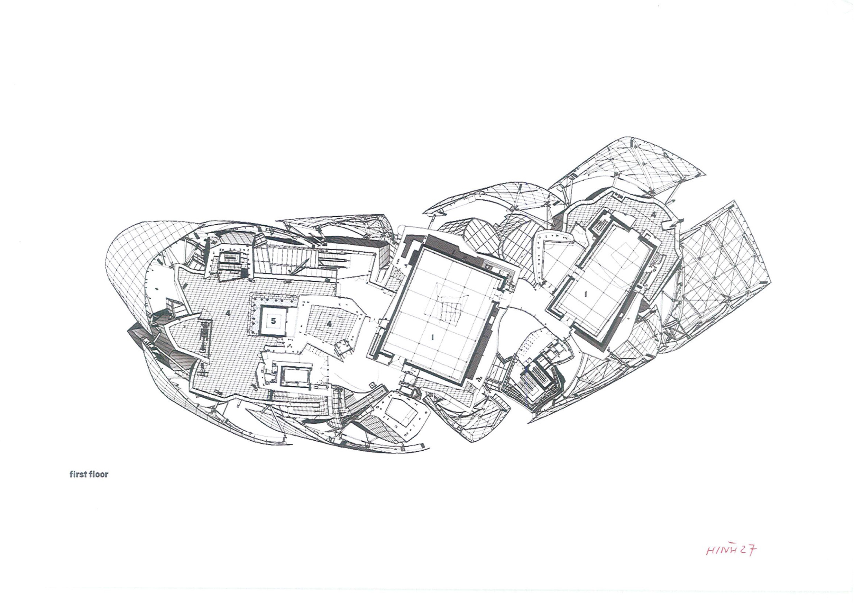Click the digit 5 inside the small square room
tap(274, 321)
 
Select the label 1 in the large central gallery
tap(432, 337)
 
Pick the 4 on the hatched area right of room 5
tap(329, 324)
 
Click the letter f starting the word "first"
tap(71, 475)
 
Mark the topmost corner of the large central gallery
tap(421, 249)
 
